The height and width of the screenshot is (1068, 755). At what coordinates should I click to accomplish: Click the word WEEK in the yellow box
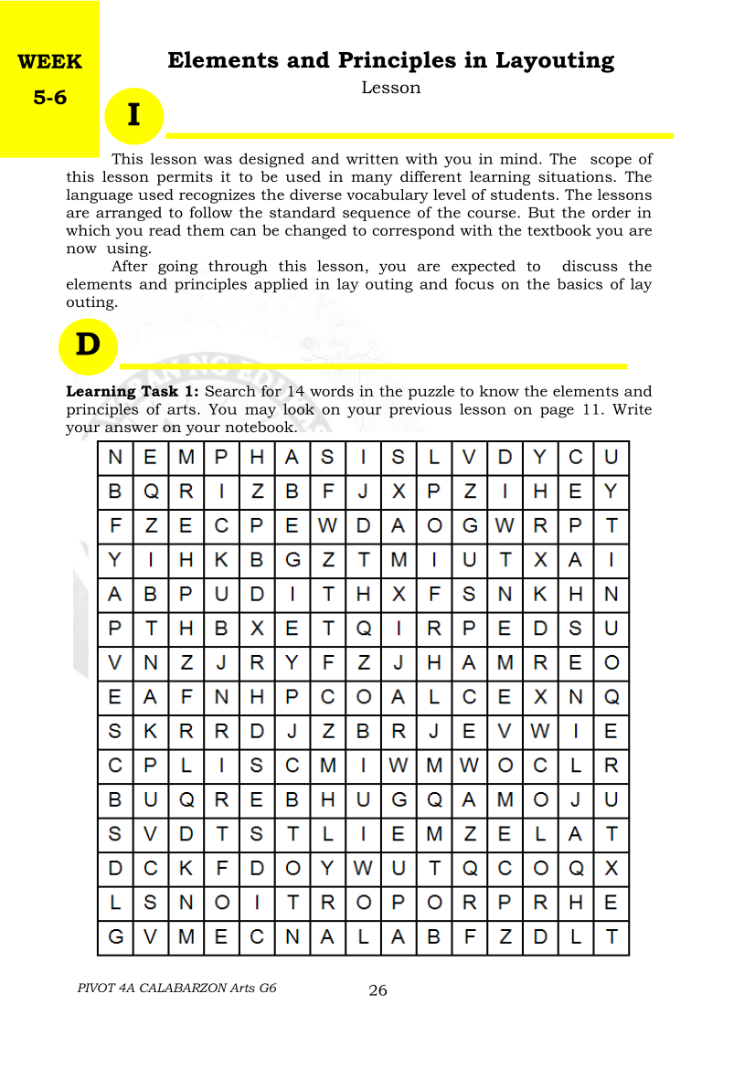49,62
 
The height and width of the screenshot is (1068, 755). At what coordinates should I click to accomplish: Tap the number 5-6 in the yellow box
50,97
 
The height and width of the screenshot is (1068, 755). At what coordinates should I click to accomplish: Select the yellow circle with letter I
134,116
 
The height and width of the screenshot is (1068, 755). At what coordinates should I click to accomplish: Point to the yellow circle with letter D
88,345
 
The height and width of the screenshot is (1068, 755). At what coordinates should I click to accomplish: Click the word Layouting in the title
555,61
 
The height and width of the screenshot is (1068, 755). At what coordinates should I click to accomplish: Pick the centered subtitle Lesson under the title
391,88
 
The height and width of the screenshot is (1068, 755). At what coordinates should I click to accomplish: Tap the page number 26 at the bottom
377,990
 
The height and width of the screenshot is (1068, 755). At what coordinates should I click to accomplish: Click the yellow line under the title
420,135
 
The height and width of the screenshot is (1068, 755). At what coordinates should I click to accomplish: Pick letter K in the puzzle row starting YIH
221,559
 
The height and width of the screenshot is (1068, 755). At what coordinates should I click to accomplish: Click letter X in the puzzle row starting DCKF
611,868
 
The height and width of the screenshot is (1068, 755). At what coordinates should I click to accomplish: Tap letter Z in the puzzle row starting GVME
505,936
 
